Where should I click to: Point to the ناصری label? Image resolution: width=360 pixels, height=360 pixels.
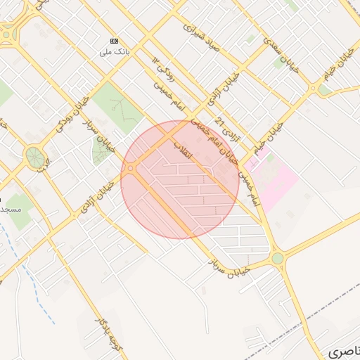345,349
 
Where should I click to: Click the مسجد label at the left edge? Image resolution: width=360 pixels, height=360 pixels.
11,210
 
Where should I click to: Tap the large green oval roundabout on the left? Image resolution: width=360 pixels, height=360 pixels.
33,157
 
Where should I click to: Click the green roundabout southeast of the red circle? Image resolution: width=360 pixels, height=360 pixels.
278,258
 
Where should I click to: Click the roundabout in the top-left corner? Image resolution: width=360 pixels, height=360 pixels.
7,32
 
